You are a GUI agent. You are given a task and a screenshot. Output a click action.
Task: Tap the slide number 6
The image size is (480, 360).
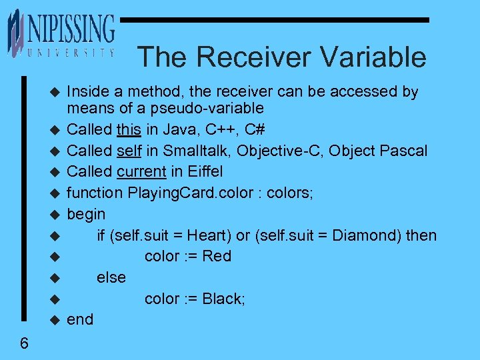24,343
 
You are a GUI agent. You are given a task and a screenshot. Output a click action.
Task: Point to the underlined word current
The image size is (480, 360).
141,171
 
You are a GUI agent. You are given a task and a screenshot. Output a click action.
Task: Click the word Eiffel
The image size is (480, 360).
204,171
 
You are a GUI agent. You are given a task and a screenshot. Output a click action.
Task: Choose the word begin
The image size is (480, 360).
86,215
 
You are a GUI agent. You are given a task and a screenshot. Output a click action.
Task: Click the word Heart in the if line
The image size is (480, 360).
207,235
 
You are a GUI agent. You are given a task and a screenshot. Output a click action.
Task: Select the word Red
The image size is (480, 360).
216,256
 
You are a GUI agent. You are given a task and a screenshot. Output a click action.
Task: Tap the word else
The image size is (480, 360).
111,277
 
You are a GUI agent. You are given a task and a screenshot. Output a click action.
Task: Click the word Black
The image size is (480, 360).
223,299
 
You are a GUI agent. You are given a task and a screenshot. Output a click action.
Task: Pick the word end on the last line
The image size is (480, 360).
80,320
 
